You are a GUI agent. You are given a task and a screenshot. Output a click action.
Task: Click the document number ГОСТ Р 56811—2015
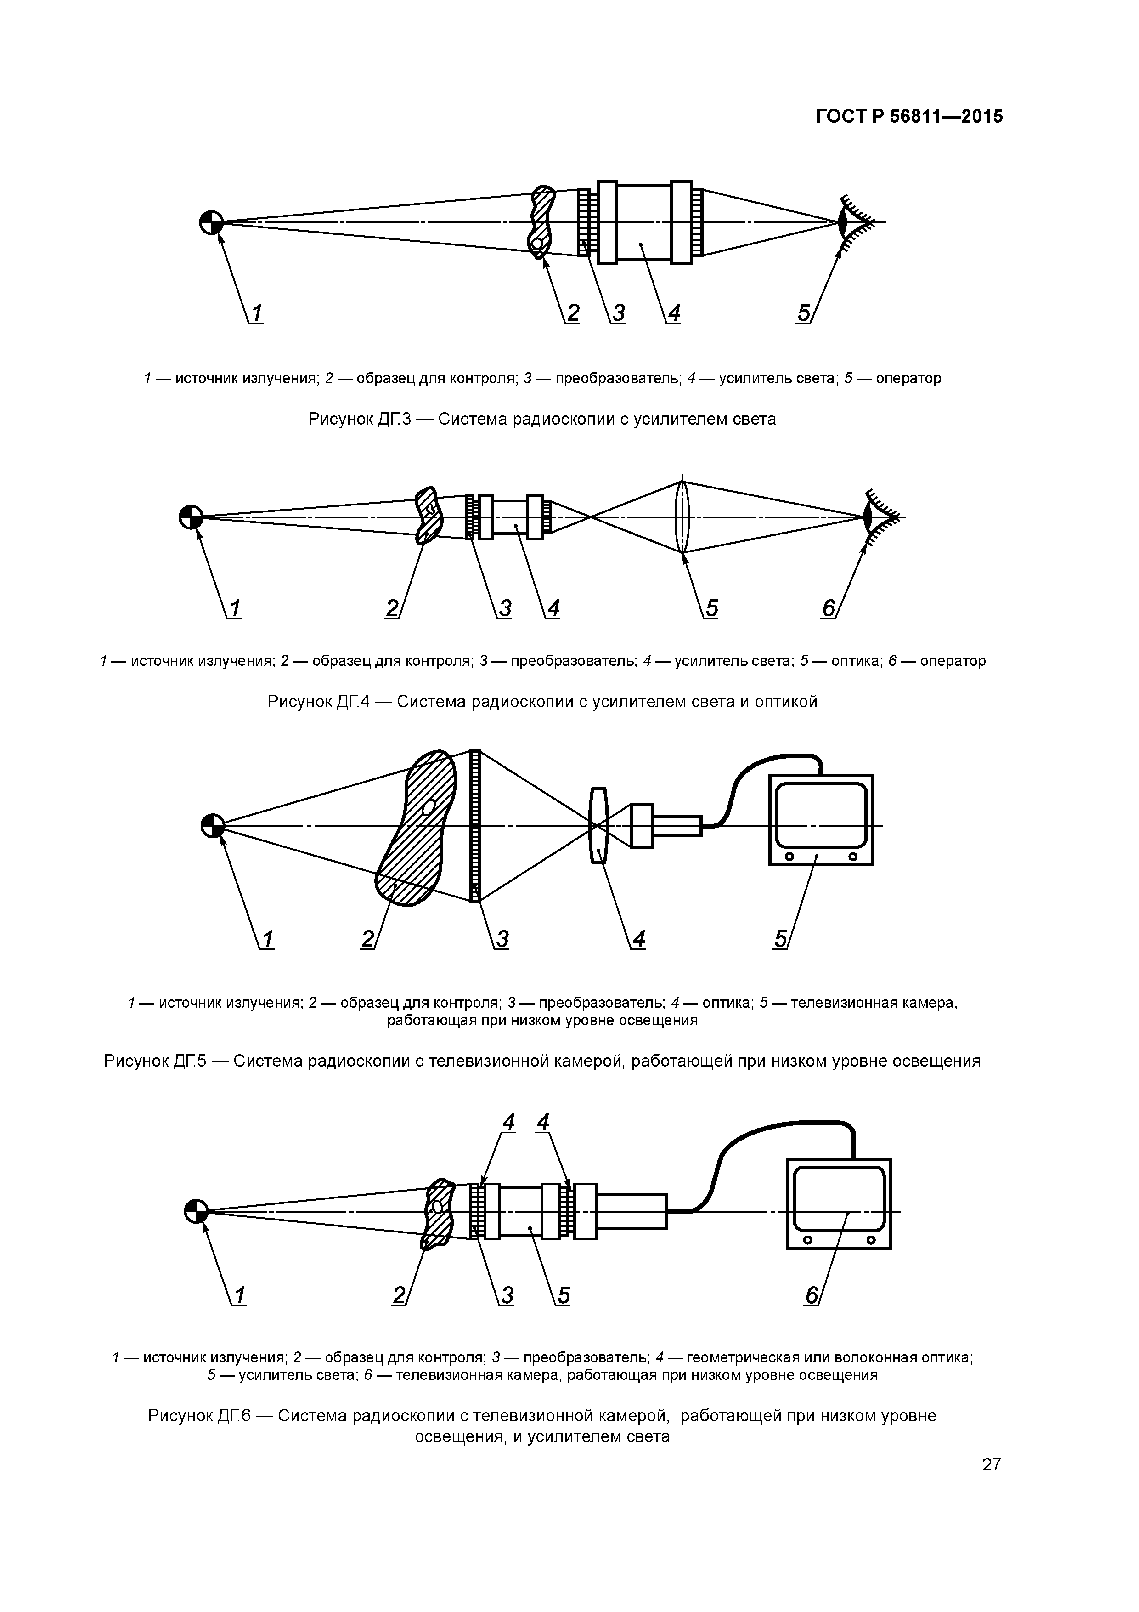tap(909, 117)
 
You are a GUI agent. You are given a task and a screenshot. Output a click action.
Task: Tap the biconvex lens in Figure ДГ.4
tap(682, 517)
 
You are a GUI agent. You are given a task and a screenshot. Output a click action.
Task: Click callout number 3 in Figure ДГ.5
tap(502, 939)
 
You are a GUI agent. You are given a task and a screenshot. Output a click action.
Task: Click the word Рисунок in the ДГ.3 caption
tap(340, 419)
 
